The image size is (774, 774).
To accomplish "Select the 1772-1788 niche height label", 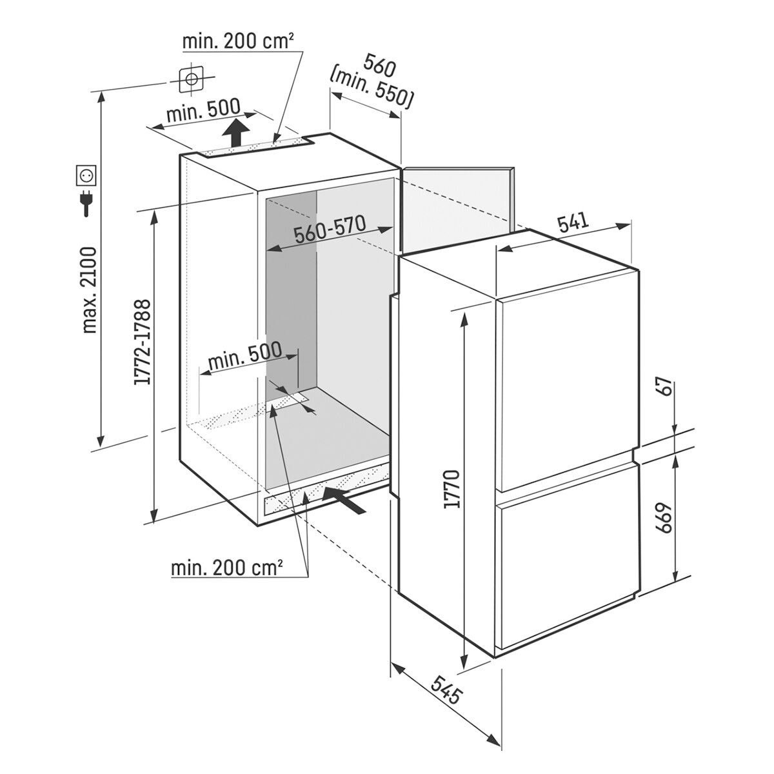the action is pos(143,341).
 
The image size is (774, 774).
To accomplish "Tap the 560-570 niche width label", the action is pos(330,229).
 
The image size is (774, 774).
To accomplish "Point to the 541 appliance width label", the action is pos(573,225).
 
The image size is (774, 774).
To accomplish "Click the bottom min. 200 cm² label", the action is pos(226,568).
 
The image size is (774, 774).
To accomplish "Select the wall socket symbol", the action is pos(86,175).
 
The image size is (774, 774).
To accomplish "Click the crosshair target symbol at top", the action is pos(191,78).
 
